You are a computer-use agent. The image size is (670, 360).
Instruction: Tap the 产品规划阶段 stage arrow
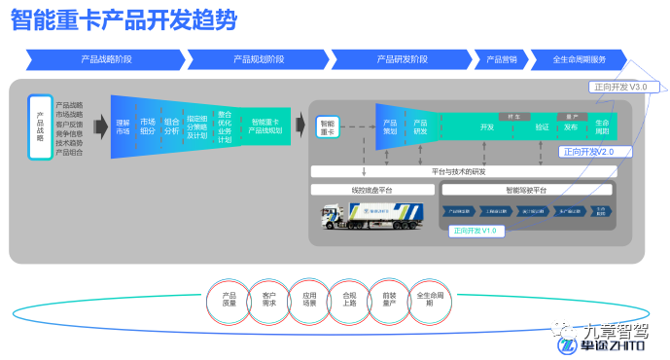259,59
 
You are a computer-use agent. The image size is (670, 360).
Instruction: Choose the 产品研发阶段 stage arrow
402,59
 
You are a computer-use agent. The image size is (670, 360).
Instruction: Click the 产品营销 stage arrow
501,59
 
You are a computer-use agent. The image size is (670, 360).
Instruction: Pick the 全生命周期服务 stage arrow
579,59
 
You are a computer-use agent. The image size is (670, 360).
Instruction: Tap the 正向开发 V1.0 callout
476,231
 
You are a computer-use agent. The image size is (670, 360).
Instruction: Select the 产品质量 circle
229,298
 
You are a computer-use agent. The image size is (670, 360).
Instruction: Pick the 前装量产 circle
389,298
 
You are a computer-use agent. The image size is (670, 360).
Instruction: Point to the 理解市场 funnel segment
123,126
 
